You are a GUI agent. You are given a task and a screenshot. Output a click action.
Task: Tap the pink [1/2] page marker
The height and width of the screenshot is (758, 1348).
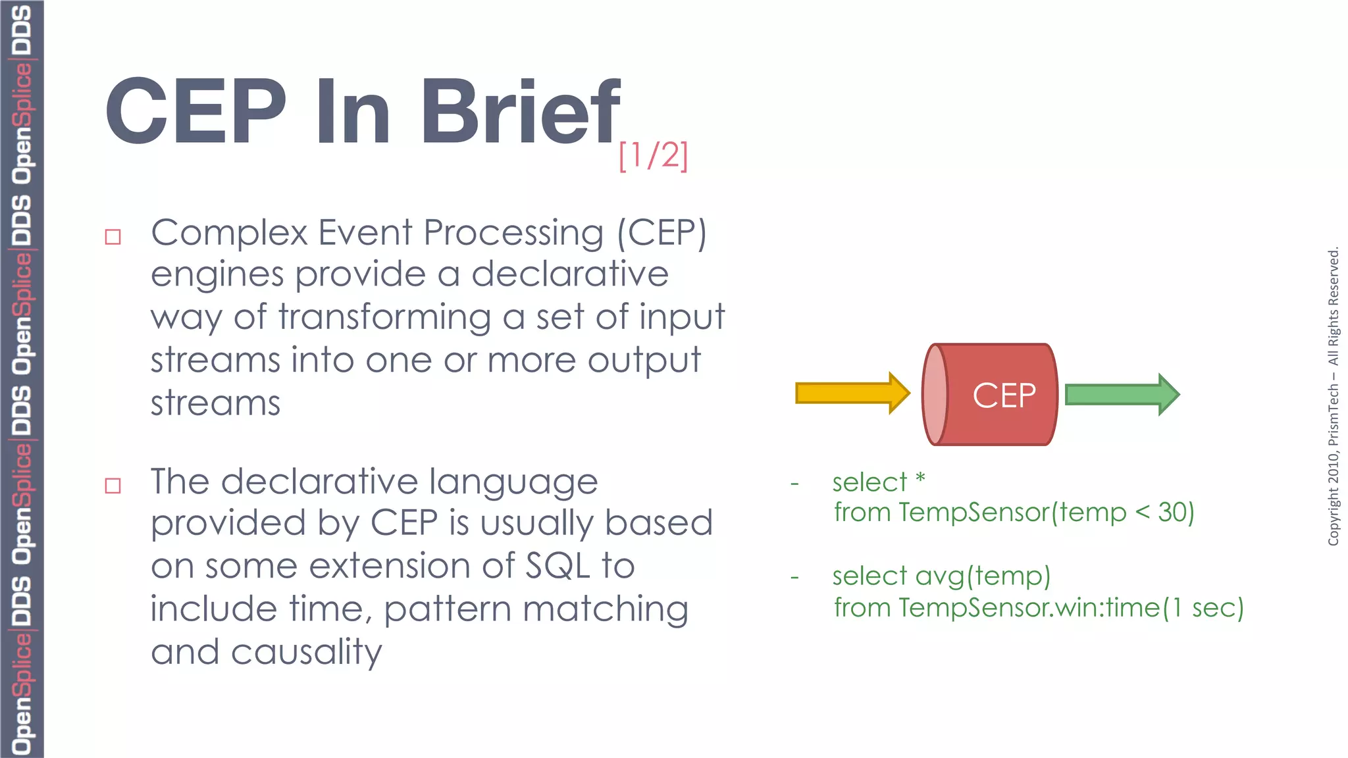click(x=653, y=156)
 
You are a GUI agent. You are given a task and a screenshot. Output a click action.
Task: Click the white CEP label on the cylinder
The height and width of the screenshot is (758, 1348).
click(x=1004, y=395)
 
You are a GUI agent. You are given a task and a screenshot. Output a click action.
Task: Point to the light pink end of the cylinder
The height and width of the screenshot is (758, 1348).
click(x=935, y=395)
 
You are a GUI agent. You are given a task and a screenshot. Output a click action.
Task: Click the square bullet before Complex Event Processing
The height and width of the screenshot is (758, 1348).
click(x=113, y=237)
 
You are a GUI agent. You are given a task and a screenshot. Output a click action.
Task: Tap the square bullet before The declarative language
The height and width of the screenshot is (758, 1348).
click(x=113, y=486)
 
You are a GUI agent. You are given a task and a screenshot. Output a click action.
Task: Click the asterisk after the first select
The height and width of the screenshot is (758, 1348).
click(x=920, y=478)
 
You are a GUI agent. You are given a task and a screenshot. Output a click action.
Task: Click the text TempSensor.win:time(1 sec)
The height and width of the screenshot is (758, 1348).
click(x=1071, y=607)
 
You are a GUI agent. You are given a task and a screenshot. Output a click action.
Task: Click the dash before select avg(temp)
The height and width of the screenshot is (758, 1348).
click(x=794, y=578)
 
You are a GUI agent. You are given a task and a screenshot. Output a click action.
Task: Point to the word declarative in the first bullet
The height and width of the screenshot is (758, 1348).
click(x=570, y=274)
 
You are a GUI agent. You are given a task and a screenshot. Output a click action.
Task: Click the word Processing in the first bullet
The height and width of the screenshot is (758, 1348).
click(x=513, y=234)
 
